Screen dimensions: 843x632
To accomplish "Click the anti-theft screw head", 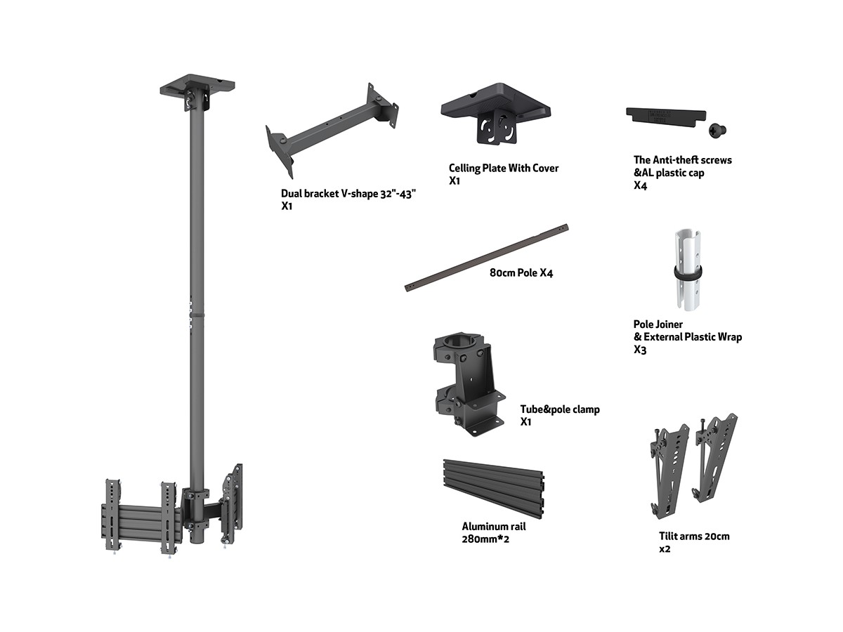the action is [717, 131].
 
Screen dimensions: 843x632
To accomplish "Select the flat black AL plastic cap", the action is [665, 117].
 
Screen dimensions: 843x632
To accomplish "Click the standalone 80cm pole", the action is [487, 258].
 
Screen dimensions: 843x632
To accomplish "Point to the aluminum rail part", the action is [494, 489].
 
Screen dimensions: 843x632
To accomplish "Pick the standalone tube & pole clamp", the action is [469, 384].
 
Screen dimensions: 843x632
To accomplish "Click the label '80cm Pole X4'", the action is [521, 273].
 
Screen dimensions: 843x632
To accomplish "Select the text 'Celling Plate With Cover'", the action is [504, 168].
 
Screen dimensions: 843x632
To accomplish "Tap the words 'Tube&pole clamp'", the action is [560, 409].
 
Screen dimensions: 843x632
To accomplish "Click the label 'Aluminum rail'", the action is [494, 527].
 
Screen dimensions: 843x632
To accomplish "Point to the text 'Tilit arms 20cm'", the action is [694, 536].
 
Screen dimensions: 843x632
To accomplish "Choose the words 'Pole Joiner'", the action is [658, 324].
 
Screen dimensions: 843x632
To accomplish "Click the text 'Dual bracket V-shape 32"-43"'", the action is [348, 194].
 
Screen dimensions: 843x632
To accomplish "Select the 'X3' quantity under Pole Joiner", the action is [640, 350].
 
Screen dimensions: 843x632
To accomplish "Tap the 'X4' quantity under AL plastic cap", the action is [640, 185].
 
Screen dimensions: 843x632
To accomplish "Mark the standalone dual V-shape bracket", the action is [332, 131].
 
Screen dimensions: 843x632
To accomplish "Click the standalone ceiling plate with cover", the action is [495, 113].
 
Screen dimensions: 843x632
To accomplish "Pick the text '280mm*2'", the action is [485, 539].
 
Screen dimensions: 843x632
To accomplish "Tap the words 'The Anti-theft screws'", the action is [682, 160].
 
